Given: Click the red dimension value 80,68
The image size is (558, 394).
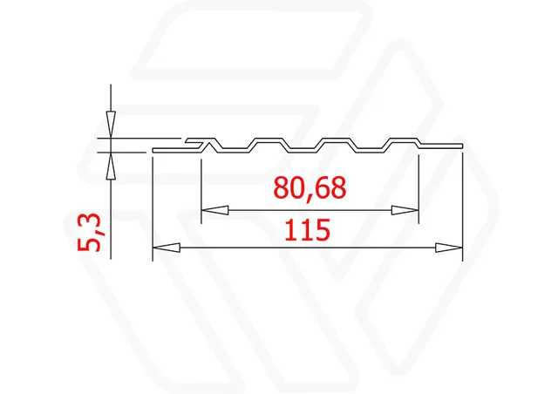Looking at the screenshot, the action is [310, 188].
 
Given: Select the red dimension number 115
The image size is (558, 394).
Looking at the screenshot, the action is [308, 230].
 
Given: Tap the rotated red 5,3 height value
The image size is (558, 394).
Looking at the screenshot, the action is [89, 232].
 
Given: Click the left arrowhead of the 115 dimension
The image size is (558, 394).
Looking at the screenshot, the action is [167, 248].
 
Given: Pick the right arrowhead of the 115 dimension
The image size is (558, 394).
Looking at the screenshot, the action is [449, 248].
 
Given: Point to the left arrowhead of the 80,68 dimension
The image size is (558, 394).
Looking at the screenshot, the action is [215, 210].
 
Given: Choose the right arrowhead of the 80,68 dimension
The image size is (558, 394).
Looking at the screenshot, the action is [405, 210].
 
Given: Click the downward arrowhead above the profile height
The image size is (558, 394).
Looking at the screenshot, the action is [111, 125].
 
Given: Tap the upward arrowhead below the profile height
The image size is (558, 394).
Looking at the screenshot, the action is [111, 165].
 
